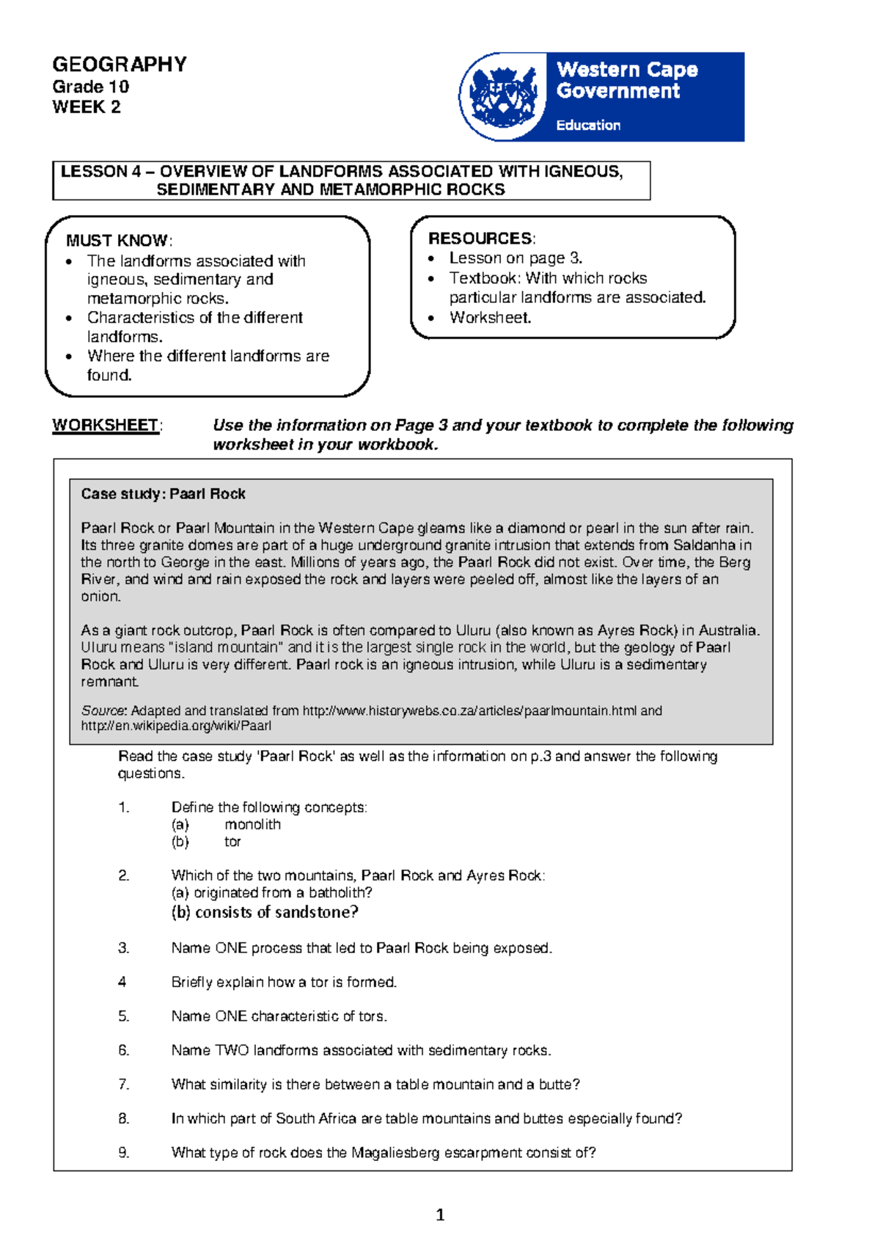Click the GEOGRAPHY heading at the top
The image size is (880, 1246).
pos(119,65)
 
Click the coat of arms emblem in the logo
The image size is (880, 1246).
pos(503,97)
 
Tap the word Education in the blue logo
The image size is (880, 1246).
pos(588,125)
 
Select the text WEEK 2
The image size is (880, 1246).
pos(86,107)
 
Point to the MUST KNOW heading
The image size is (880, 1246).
pos(117,241)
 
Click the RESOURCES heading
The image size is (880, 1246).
pos(480,238)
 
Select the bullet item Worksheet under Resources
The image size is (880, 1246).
pos(490,318)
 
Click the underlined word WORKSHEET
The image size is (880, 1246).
pos(105,426)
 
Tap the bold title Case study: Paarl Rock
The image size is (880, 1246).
pos(163,494)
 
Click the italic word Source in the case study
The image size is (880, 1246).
pos(103,710)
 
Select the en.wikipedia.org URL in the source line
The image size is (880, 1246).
pos(176,726)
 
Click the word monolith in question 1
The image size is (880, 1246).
pos(252,824)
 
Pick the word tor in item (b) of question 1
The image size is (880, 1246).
pos(232,842)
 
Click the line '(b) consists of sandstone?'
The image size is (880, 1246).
pos(265,912)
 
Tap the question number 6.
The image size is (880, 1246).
pos(123,1050)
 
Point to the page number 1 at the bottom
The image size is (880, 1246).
pos(440,1215)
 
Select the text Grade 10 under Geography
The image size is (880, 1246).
pos(90,87)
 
